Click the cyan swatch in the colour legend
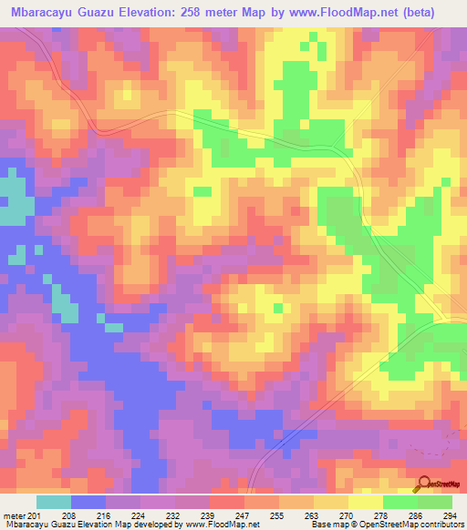[54, 502]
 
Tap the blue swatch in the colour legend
[88, 502]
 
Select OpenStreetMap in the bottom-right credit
[387, 524]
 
